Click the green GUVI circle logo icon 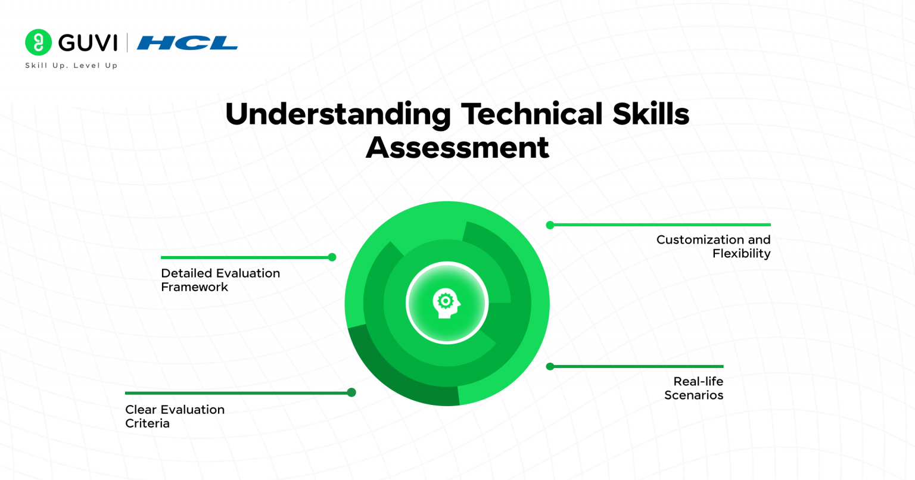(39, 42)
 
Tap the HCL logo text (187, 43)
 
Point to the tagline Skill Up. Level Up (71, 66)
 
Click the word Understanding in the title (338, 114)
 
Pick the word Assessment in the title (457, 148)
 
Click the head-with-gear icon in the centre (447, 303)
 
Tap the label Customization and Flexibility (713, 247)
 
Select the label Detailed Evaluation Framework (220, 280)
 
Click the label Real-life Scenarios (694, 388)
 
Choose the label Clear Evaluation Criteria (175, 416)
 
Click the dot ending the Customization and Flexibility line (550, 225)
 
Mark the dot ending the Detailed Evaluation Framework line (332, 257)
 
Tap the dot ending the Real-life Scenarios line (550, 366)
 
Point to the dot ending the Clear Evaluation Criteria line (351, 392)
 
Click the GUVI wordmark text (88, 43)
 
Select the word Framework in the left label (195, 287)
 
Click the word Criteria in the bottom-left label (147, 423)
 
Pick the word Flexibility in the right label (742, 254)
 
